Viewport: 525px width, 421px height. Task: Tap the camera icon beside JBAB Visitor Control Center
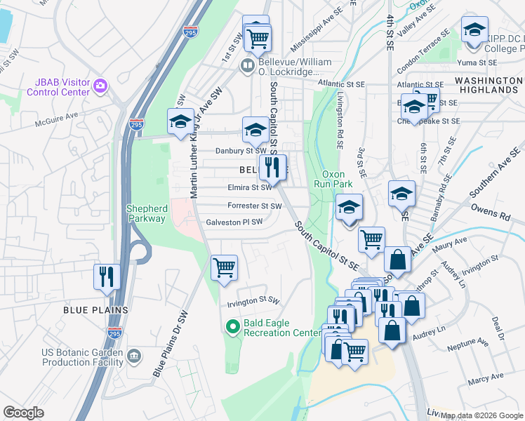100,86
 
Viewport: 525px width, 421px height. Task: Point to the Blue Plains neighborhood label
95,309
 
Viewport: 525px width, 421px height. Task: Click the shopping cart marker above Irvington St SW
224,267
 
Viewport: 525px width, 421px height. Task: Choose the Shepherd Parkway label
147,213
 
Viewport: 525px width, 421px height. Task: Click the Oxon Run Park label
337,179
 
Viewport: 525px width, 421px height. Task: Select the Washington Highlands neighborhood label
486,86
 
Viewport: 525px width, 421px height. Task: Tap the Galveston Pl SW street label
234,222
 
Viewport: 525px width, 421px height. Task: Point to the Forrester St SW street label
254,206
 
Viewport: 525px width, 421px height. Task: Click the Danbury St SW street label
241,150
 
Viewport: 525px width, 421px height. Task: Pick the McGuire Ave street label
59,124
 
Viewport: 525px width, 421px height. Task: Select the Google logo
23,413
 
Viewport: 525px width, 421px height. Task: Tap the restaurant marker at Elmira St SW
272,167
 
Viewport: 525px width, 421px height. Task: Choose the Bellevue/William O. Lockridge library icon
247,67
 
